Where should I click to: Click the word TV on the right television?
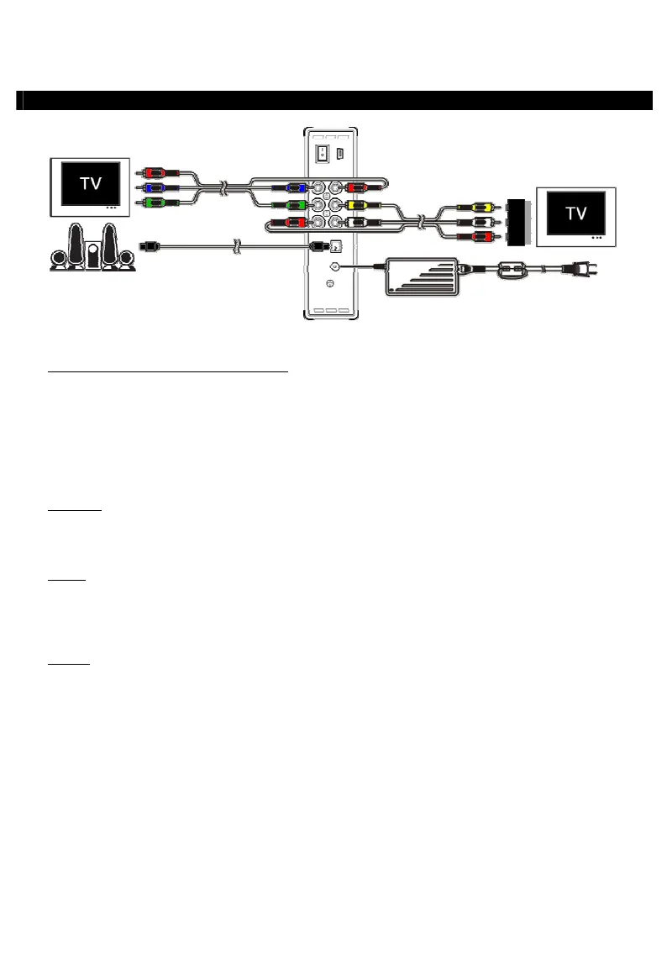pyautogui.click(x=576, y=213)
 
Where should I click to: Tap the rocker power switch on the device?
pyautogui.click(x=320, y=154)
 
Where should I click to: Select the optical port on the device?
pyautogui.click(x=334, y=246)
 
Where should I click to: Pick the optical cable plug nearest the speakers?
pyautogui.click(x=149, y=246)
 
